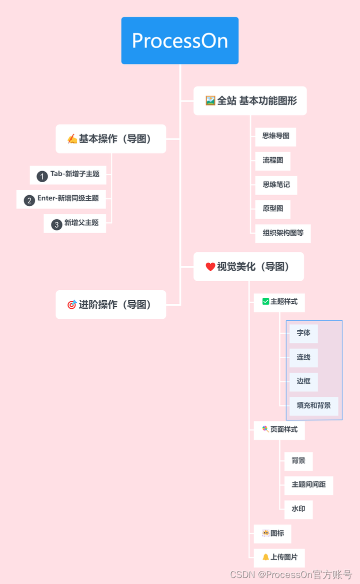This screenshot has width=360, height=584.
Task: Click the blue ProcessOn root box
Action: pyautogui.click(x=180, y=41)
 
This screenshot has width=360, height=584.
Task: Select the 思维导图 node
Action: pyautogui.click(x=275, y=136)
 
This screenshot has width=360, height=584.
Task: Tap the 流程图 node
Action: pyautogui.click(x=272, y=161)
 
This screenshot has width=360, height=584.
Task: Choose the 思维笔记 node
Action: pyautogui.click(x=276, y=185)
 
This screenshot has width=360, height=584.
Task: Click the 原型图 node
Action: pyautogui.click(x=272, y=209)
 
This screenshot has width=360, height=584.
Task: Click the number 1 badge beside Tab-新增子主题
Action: pyautogui.click(x=42, y=176)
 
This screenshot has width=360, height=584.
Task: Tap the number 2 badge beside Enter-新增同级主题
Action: pyautogui.click(x=29, y=201)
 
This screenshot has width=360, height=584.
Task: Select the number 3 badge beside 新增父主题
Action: pyautogui.click(x=56, y=225)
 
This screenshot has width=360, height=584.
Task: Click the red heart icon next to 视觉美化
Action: pyautogui.click(x=210, y=267)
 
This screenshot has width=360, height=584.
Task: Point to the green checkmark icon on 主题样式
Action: pyautogui.click(x=265, y=302)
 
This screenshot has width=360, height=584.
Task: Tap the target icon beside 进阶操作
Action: pyautogui.click(x=72, y=304)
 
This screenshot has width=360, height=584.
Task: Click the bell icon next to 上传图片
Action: pyautogui.click(x=265, y=557)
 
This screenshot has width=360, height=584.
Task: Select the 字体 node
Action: pyautogui.click(x=303, y=333)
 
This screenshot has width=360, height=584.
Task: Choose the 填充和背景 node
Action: pyautogui.click(x=313, y=406)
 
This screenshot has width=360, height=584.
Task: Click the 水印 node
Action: pyautogui.click(x=298, y=509)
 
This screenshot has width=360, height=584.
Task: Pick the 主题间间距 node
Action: pyautogui.click(x=308, y=485)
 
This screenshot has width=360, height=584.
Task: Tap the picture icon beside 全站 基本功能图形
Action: pyautogui.click(x=210, y=101)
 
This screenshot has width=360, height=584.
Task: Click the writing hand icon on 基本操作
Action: pyautogui.click(x=72, y=139)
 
